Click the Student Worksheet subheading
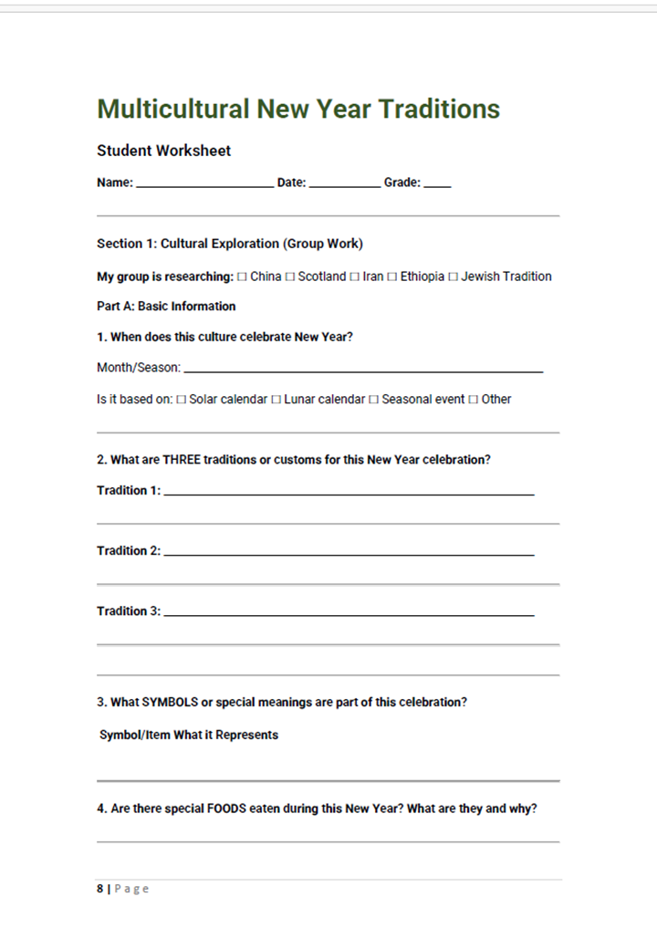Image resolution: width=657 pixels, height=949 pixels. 163,151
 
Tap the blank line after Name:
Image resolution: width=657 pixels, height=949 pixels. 204,184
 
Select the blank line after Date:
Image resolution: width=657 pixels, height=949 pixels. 345,184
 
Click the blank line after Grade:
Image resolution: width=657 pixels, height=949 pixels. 437,184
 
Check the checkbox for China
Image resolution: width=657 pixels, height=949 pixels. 242,277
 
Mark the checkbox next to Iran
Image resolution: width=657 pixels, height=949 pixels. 354,277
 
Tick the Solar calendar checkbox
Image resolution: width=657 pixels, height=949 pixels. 181,400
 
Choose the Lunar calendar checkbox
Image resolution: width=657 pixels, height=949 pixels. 276,400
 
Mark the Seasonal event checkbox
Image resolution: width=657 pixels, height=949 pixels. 373,400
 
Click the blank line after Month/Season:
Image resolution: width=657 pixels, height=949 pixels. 363,370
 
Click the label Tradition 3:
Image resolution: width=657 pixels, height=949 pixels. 129,611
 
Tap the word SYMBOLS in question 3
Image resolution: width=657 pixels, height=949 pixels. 169,703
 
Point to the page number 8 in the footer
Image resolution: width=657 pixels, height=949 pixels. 100,889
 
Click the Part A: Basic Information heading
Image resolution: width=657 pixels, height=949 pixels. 166,307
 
